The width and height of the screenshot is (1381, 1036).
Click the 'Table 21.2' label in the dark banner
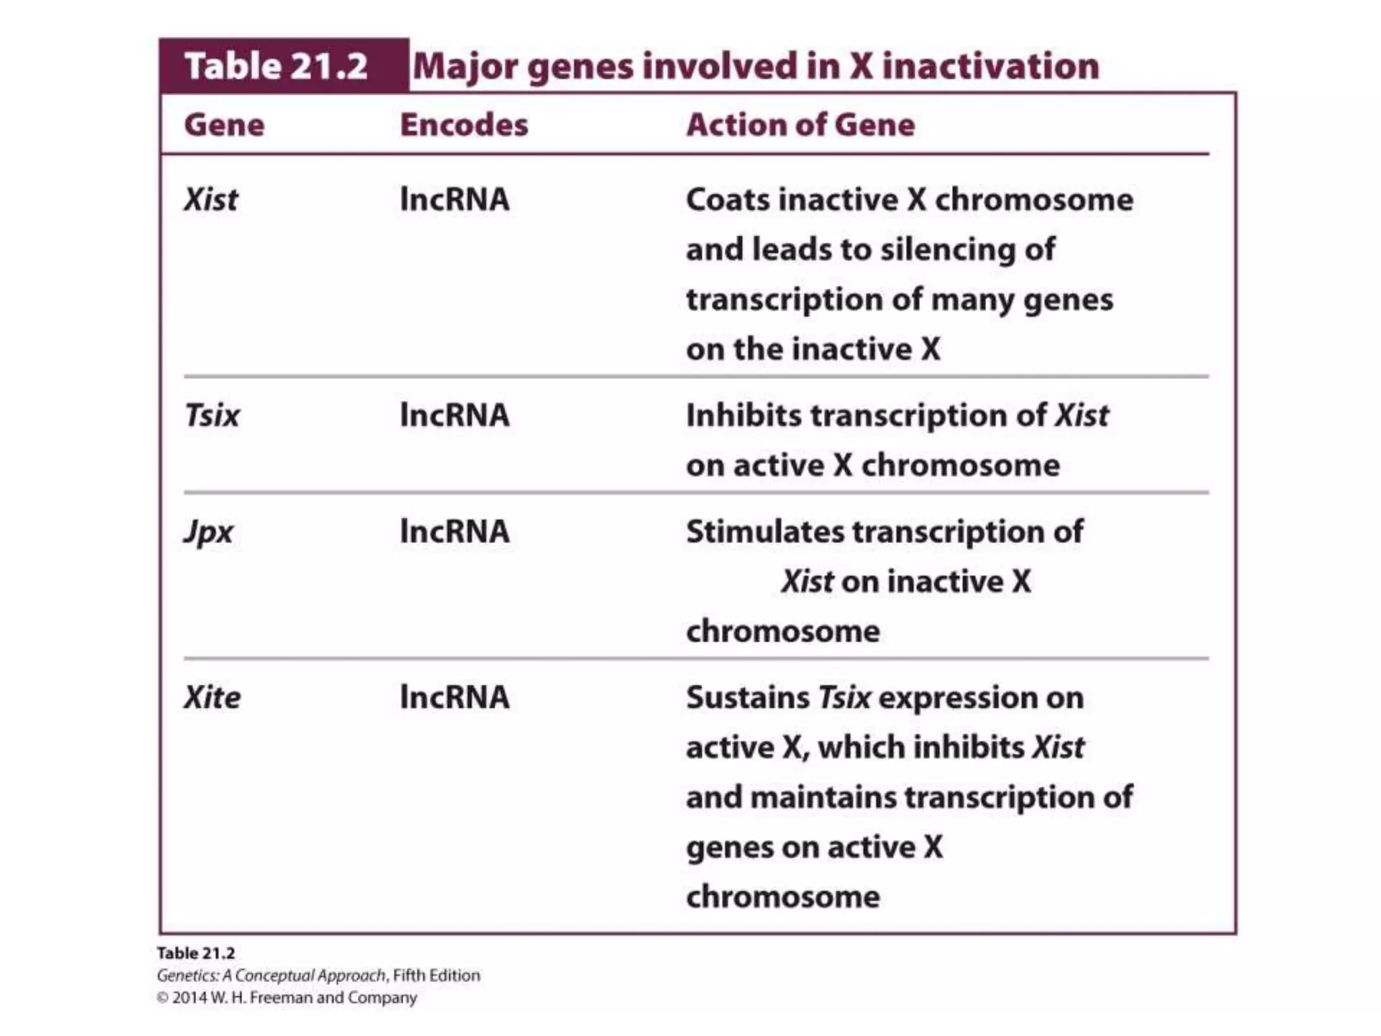click(276, 66)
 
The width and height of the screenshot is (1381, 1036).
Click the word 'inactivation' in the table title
click(991, 66)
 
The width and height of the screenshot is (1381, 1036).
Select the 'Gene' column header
click(224, 125)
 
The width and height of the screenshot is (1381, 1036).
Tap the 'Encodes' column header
click(464, 125)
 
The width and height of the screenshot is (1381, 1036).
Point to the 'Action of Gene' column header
click(800, 125)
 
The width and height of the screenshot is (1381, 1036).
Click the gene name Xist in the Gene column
click(211, 200)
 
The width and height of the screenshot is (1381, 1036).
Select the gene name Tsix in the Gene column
click(212, 415)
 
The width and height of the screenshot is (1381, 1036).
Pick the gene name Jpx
click(208, 532)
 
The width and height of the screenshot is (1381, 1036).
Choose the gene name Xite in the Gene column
click(212, 697)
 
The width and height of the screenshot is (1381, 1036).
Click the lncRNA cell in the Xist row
click(454, 200)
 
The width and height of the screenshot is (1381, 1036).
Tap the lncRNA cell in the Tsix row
click(454, 415)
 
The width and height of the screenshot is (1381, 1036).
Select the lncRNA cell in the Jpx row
click(454, 531)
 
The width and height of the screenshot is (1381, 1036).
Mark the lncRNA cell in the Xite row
click(454, 697)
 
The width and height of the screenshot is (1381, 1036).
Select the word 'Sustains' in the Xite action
click(748, 697)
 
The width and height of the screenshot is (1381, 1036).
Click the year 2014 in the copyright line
click(189, 998)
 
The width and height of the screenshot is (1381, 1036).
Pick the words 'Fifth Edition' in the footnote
click(436, 975)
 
